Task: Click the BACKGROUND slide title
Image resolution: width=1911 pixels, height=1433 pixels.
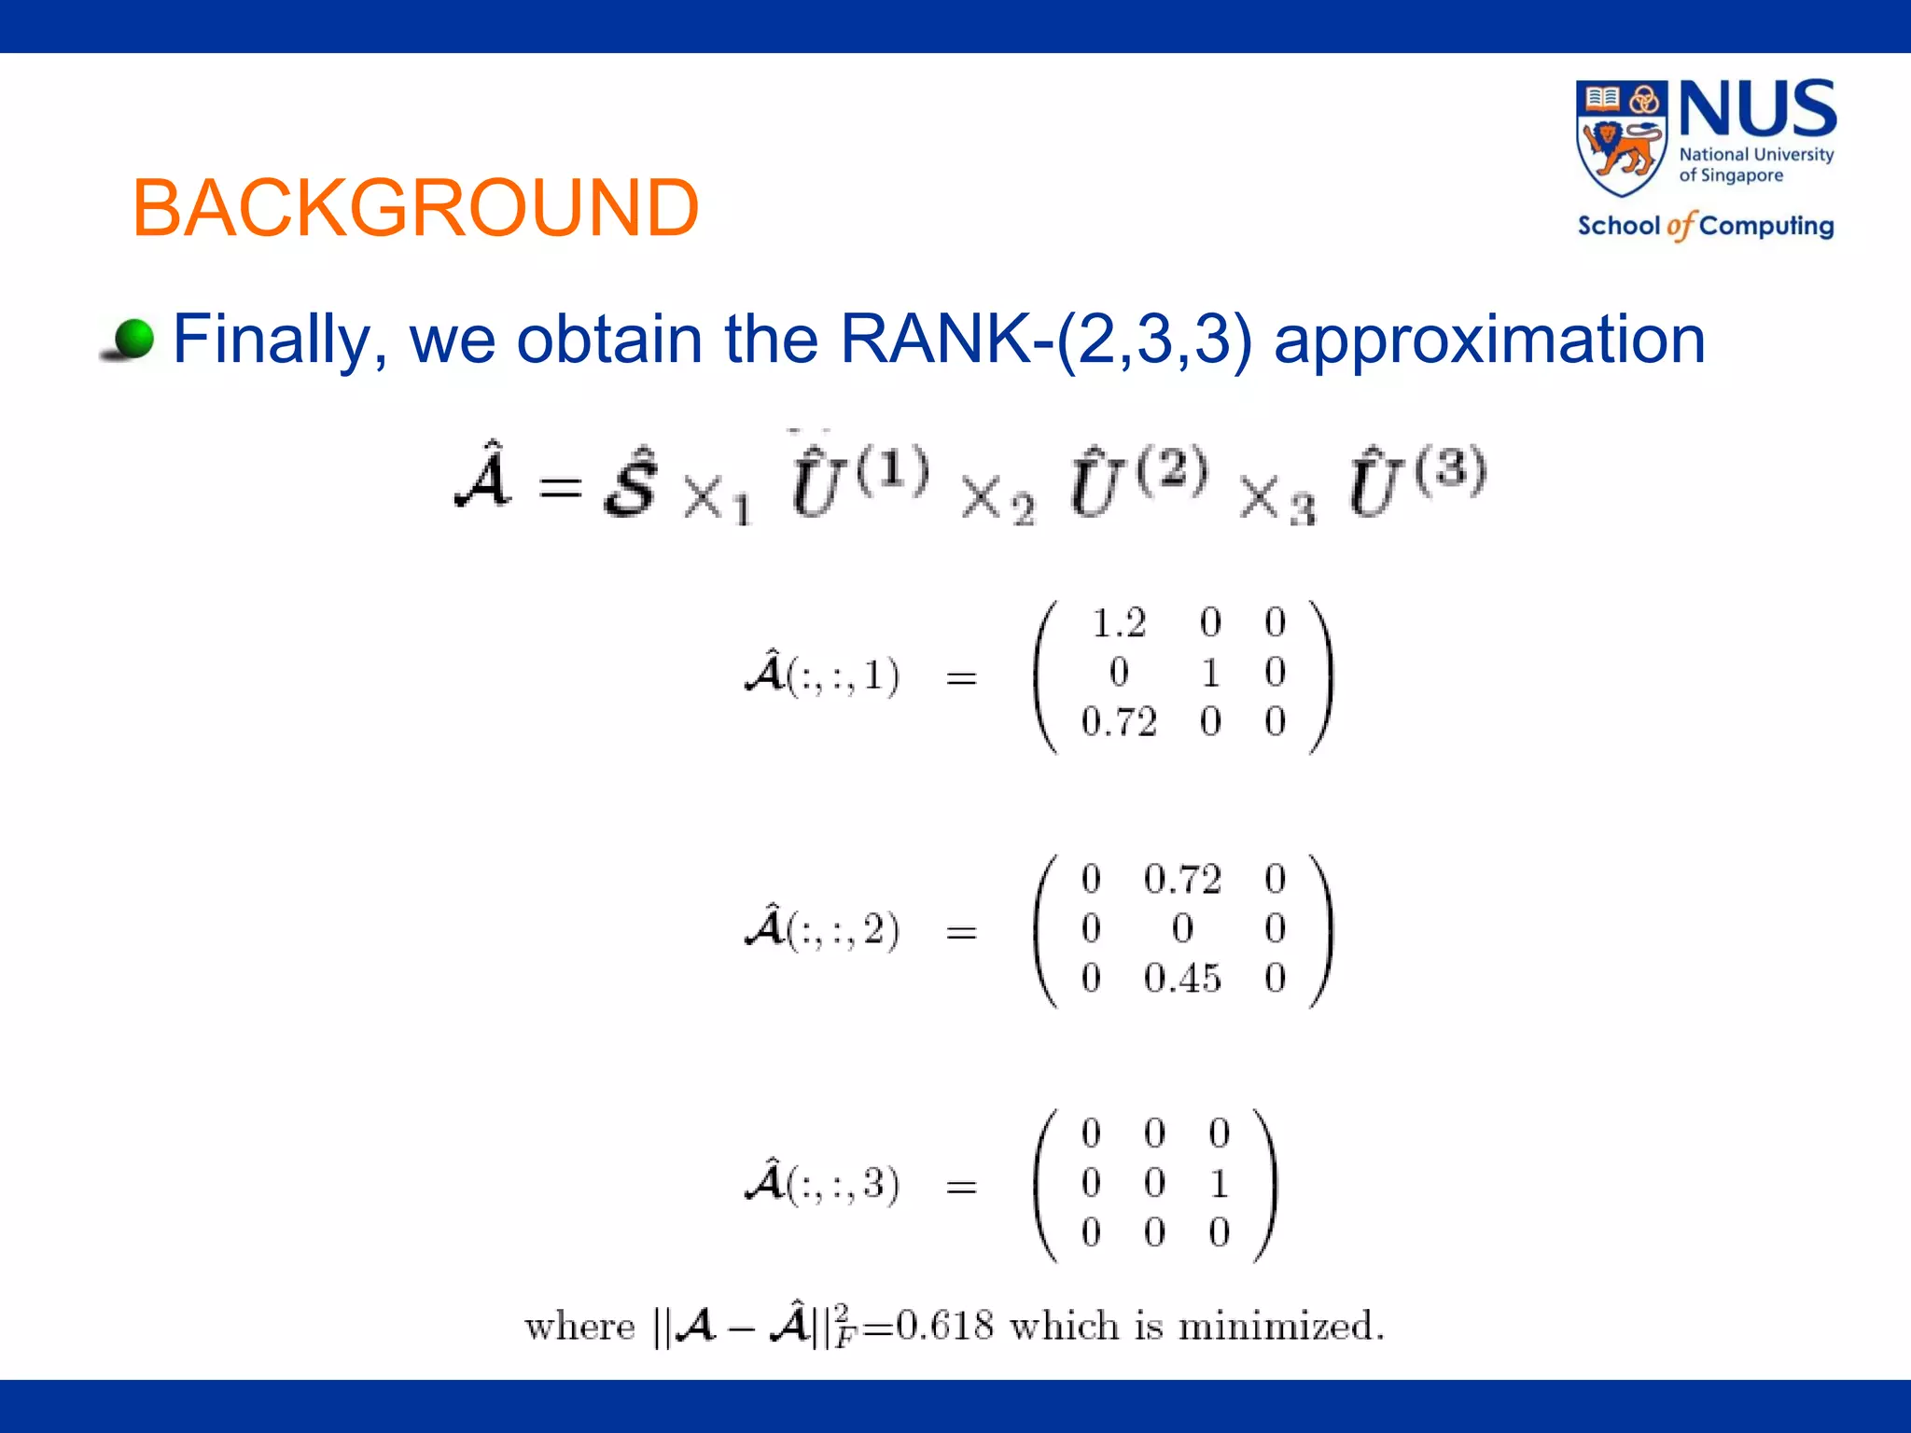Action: (415, 207)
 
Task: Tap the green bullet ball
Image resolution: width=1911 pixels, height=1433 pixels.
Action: (134, 339)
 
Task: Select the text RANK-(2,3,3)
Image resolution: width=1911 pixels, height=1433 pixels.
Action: (1045, 339)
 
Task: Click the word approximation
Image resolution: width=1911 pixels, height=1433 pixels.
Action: (1489, 339)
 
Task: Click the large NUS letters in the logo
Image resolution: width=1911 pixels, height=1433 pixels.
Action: (1758, 110)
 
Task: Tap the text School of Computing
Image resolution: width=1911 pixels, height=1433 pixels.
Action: (1706, 226)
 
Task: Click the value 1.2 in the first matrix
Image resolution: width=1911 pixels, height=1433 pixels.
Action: (1118, 623)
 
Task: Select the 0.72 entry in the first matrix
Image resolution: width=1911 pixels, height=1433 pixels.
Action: (1118, 722)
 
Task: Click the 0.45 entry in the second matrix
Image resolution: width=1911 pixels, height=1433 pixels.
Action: (1182, 979)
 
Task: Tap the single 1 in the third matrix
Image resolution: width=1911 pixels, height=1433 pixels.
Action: (1219, 1184)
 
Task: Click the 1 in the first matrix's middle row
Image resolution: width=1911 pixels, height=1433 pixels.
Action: (1210, 673)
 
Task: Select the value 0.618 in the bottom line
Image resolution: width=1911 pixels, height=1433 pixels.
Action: (944, 1326)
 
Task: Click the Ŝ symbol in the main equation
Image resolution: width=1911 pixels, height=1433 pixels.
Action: (631, 484)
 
